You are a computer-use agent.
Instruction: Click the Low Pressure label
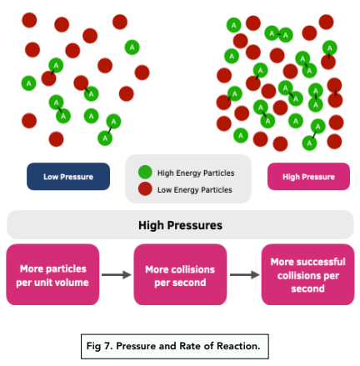coord(68,176)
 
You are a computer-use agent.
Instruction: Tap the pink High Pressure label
coord(308,176)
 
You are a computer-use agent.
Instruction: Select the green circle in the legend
coord(145,173)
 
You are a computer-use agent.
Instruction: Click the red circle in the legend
coord(145,189)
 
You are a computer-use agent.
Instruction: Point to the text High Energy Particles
coord(196,173)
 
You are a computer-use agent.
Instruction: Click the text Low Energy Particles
coord(195,190)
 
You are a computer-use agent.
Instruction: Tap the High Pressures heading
coord(180,225)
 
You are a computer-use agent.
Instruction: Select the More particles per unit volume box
coord(52,274)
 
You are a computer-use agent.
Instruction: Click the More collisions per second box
coord(180,274)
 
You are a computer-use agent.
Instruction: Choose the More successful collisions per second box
coord(307,274)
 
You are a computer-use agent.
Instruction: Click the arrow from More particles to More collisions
coord(116,274)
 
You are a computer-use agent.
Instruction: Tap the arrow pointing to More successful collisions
coord(244,274)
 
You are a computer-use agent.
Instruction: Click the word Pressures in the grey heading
coord(197,225)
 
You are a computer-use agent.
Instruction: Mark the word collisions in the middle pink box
coord(194,269)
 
